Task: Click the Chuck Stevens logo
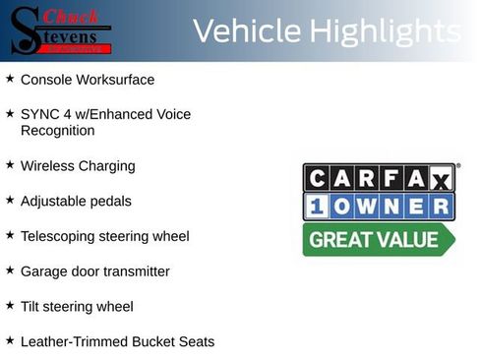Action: [x=59, y=30]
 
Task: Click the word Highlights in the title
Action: [x=384, y=31]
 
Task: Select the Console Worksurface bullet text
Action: [x=88, y=80]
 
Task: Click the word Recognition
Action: [x=57, y=131]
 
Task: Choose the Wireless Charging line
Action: [x=78, y=166]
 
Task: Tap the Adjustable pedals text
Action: [x=76, y=202]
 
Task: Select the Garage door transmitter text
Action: [x=94, y=271]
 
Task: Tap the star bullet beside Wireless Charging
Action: [x=10, y=165]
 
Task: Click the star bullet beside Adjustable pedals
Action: [x=10, y=200]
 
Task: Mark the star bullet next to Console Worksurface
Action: [x=10, y=78]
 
